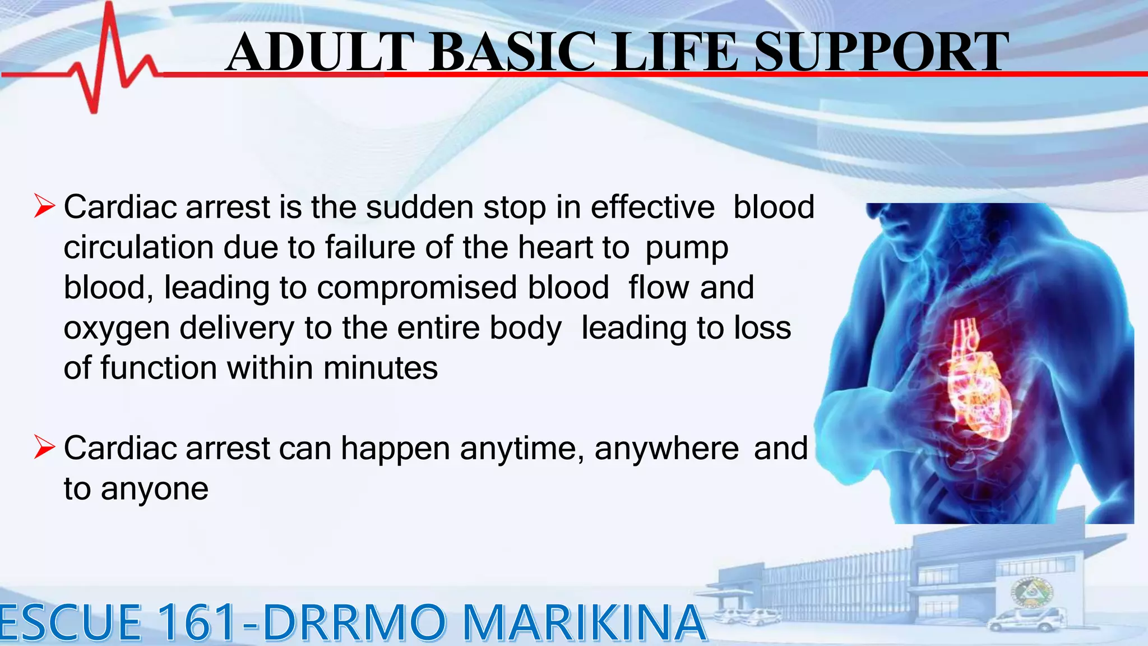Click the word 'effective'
tap(652, 207)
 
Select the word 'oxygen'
tap(117, 329)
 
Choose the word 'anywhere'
tap(666, 449)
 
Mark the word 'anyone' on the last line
tap(155, 490)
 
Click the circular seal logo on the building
tap(1032, 593)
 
